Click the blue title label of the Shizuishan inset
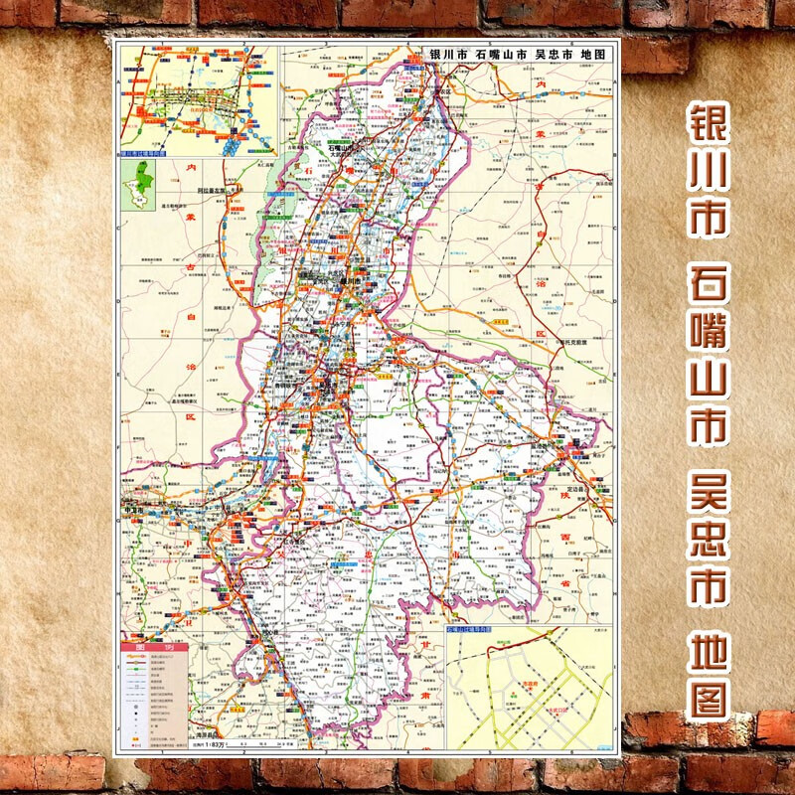[x=478, y=630]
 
